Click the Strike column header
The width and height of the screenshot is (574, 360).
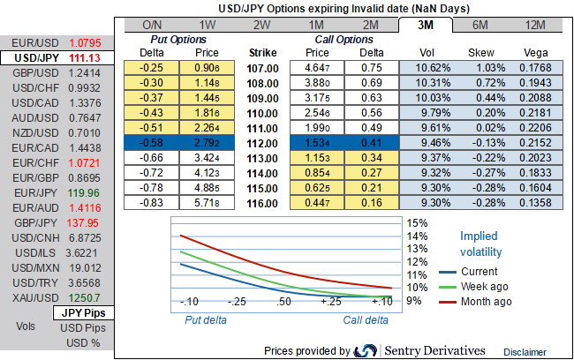tap(263, 53)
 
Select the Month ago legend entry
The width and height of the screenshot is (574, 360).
tap(486, 302)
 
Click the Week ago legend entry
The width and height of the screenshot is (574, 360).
tap(484, 287)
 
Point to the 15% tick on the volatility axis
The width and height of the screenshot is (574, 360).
tap(416, 223)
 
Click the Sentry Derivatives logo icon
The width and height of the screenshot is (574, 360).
tap(366, 351)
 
